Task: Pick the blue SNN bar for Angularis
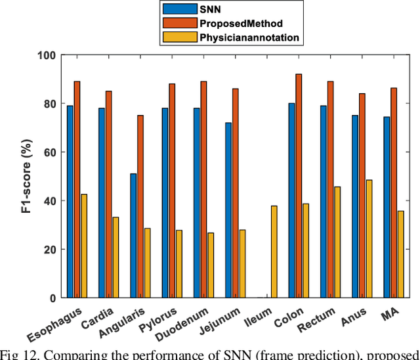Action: [x=133, y=235]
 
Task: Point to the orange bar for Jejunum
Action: [x=235, y=193]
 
